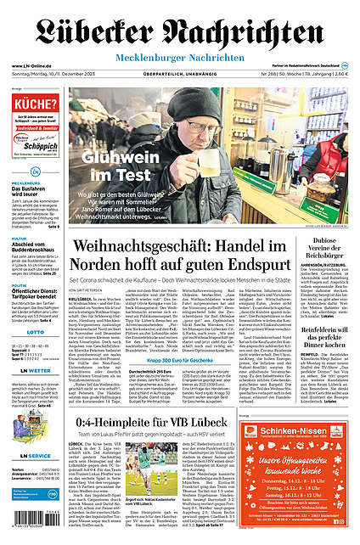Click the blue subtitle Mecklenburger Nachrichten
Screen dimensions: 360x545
coord(180,57)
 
